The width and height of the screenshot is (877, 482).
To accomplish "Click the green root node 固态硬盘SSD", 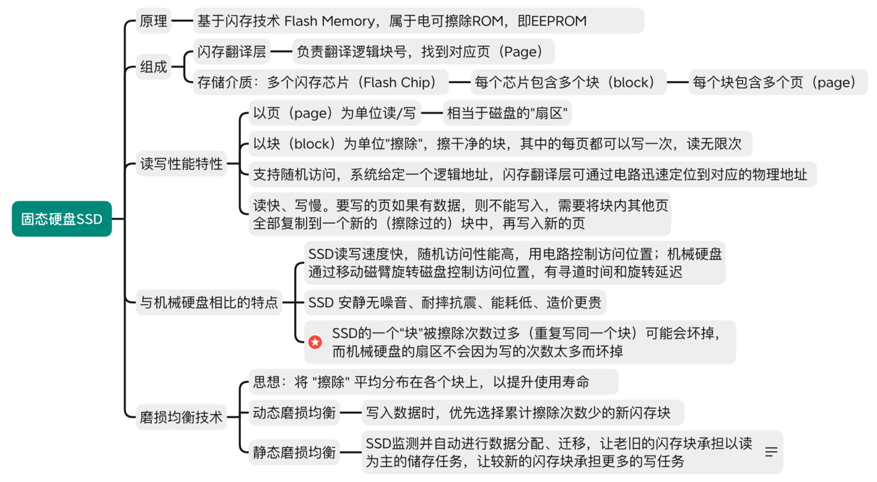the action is [62, 219].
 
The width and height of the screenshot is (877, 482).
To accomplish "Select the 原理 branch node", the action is [154, 20].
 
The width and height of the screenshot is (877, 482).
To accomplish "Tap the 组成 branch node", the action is [154, 67].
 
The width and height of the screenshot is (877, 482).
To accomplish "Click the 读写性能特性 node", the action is [181, 164].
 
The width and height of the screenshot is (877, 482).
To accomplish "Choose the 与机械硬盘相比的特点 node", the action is [209, 302].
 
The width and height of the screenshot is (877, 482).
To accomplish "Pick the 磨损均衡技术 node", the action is [181, 417].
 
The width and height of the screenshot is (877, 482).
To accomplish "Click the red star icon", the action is [315, 342].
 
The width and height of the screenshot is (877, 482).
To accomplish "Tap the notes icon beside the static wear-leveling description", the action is [771, 452].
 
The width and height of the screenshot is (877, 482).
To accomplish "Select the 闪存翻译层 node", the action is [232, 51].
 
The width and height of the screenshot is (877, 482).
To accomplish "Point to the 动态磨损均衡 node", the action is [294, 413].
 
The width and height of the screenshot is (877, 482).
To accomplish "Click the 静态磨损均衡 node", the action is [294, 452].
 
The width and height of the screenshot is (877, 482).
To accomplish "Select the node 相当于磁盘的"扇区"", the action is [507, 113].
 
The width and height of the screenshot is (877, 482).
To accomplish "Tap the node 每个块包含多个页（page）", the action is [779, 82].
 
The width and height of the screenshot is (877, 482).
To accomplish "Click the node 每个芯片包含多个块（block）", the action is [569, 82].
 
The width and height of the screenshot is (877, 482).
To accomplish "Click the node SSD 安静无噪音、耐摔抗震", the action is [455, 302].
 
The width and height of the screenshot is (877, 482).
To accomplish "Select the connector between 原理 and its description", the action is [183, 20].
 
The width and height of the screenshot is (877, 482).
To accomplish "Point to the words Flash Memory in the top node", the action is [329, 20].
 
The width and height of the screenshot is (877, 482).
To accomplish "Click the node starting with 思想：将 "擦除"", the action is [434, 382].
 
